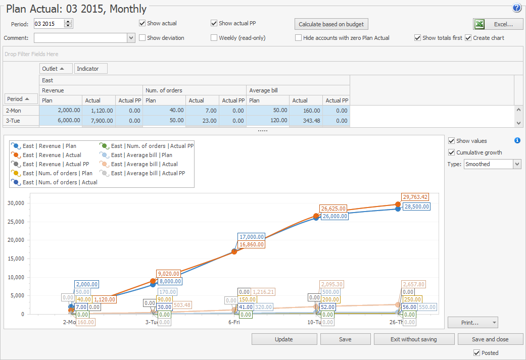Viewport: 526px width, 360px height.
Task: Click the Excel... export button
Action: [x=498, y=24]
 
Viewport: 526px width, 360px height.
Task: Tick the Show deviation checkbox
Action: [x=142, y=38]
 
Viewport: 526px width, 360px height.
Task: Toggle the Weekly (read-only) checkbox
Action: [x=214, y=38]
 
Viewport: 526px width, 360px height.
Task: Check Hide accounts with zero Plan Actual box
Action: [x=299, y=38]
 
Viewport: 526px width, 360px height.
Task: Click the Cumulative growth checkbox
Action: [x=452, y=152]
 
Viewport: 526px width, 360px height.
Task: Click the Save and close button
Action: [x=490, y=339]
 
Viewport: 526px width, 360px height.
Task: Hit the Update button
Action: [x=283, y=339]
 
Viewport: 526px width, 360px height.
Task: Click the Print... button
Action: [x=472, y=322]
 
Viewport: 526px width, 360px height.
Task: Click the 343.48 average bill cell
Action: [x=306, y=121]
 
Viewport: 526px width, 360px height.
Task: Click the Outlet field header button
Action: [x=56, y=69]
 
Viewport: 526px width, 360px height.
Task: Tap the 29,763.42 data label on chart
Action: [x=415, y=197]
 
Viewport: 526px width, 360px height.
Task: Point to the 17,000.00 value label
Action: [x=252, y=237]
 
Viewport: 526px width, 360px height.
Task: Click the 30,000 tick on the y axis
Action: [x=16, y=203]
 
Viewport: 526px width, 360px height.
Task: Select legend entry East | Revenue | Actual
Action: [x=52, y=155]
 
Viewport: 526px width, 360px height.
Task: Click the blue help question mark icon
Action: [x=516, y=8]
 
